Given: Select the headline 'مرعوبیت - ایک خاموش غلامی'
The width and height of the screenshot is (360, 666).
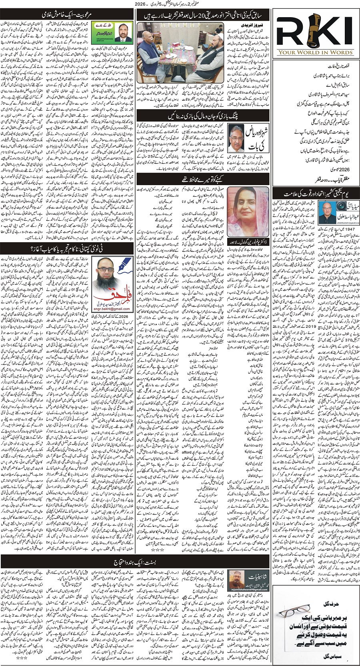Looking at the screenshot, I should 67,15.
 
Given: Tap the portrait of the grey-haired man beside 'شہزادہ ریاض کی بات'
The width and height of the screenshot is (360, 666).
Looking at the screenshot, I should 236,137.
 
